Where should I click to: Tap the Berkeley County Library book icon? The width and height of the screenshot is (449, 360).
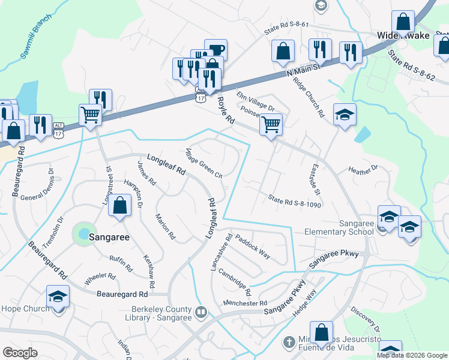[x=202, y=312]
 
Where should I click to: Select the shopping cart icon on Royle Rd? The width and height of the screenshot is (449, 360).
[x=271, y=125]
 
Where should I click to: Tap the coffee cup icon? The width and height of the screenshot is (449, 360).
[x=215, y=50]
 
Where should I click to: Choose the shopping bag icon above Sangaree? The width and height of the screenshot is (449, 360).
[x=121, y=205]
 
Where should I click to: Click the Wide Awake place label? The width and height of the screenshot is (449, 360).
[x=403, y=36]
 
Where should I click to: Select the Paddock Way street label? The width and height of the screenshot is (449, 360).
[x=252, y=245]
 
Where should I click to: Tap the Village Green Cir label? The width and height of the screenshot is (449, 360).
[x=205, y=163]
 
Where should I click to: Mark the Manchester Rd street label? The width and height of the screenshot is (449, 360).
[x=245, y=304]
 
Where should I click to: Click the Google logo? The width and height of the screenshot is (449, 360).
[x=20, y=352]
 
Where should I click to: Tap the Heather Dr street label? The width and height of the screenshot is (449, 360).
[x=363, y=171]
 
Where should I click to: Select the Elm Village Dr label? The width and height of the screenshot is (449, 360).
[x=255, y=101]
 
